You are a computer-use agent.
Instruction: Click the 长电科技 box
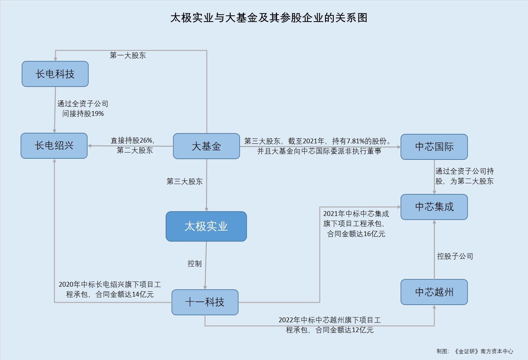tap(55, 74)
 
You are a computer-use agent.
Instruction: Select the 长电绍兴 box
tap(54, 146)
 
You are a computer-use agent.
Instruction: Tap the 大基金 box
tap(206, 146)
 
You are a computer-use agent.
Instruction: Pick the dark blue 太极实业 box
tap(206, 227)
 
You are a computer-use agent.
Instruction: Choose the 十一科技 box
tap(205, 302)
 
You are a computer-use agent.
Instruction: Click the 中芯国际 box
tap(434, 147)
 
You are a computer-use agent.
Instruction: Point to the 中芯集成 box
tap(434, 207)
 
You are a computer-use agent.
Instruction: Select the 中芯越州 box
tap(434, 292)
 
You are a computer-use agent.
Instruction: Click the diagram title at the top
tap(269, 18)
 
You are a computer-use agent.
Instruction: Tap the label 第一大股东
tap(128, 55)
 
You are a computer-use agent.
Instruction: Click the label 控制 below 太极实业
tap(195, 264)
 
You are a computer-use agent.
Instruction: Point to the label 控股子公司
tap(455, 256)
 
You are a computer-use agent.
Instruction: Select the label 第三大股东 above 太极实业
tap(185, 181)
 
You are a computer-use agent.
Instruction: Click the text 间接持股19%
tap(83, 114)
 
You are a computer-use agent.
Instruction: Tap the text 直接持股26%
tap(132, 140)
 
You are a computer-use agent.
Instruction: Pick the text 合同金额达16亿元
tap(356, 234)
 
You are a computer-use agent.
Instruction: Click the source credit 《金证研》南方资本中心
tap(484, 351)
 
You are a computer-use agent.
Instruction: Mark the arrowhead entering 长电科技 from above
tap(55, 58)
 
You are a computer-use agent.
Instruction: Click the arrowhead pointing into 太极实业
tap(206, 209)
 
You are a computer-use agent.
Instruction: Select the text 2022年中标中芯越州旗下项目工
tap(329, 320)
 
